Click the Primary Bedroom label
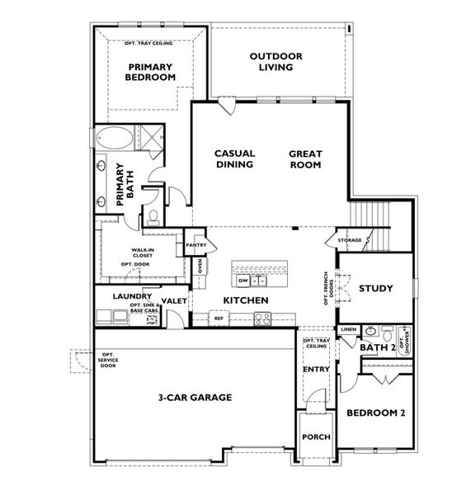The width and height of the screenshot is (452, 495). [x=151, y=71]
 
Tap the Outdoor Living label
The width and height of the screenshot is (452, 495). [x=276, y=61]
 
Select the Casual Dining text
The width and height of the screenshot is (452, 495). [x=234, y=158]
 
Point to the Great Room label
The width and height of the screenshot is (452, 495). [x=305, y=158]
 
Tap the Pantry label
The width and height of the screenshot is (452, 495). [x=195, y=245]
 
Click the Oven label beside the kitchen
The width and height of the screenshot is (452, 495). [x=199, y=266]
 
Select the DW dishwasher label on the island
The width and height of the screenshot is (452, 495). [x=243, y=280]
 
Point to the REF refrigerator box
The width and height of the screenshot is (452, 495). [x=219, y=317]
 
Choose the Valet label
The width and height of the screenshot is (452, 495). [x=174, y=301]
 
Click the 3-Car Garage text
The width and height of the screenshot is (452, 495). [x=195, y=397]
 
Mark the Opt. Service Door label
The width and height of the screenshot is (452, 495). [x=108, y=360]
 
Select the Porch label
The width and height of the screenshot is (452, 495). [x=316, y=437]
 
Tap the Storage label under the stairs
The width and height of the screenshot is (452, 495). [x=350, y=240]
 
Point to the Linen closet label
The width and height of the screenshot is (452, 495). [x=347, y=329]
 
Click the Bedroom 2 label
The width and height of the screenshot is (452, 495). [x=375, y=412]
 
